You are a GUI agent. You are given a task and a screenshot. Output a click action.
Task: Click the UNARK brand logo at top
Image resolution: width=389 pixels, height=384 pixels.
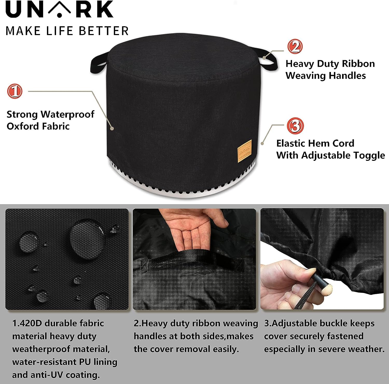click(59, 9)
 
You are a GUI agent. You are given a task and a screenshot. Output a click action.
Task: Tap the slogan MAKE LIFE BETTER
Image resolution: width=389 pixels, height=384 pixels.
click(67, 31)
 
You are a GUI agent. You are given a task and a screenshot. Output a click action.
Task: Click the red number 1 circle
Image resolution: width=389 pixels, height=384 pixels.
click(15, 91)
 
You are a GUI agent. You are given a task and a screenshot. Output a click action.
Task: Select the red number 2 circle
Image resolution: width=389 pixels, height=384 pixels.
click(295, 47)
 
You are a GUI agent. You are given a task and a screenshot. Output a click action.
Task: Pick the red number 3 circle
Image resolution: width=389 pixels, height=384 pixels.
click(295, 126)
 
